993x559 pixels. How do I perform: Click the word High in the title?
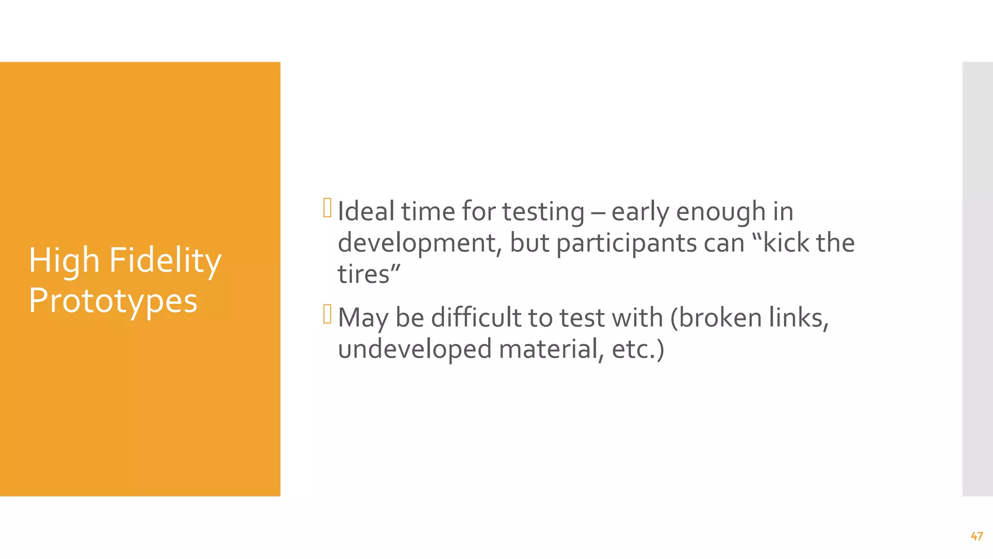(64, 261)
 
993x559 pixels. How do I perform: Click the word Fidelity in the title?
(165, 261)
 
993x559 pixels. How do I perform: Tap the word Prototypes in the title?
(113, 301)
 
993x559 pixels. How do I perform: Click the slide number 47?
(977, 536)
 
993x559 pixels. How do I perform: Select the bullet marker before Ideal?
(327, 208)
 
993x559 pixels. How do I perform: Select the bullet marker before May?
(327, 314)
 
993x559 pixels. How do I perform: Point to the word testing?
(543, 213)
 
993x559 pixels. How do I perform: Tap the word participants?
(650, 244)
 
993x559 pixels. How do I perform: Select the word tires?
(364, 274)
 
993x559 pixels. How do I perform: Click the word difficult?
(476, 318)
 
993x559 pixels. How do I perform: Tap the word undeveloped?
(415, 349)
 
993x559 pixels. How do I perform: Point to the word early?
(640, 213)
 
